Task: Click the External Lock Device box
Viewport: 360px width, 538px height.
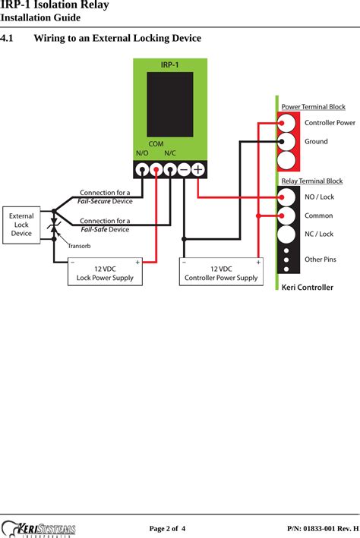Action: coord(21,225)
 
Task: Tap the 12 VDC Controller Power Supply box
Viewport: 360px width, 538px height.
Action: coord(221,272)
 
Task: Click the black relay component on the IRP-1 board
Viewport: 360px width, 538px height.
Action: coord(169,104)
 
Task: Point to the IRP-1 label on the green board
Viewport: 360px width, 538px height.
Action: coord(169,65)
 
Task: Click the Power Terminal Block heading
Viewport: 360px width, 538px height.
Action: coord(313,107)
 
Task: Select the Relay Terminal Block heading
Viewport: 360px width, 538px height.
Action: coord(311,181)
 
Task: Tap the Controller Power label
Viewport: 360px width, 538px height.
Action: coord(330,122)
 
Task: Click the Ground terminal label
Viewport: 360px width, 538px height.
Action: coord(316,141)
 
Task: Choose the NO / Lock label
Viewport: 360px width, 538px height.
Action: coord(319,197)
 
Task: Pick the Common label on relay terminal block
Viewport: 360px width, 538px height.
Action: coord(318,216)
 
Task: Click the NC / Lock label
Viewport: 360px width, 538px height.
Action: coord(319,234)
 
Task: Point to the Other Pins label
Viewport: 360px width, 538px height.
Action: coord(320,260)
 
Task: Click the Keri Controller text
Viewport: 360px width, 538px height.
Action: coord(307,288)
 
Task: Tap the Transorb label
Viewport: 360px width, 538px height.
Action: coord(79,247)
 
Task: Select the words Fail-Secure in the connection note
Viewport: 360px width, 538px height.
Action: coord(94,201)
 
